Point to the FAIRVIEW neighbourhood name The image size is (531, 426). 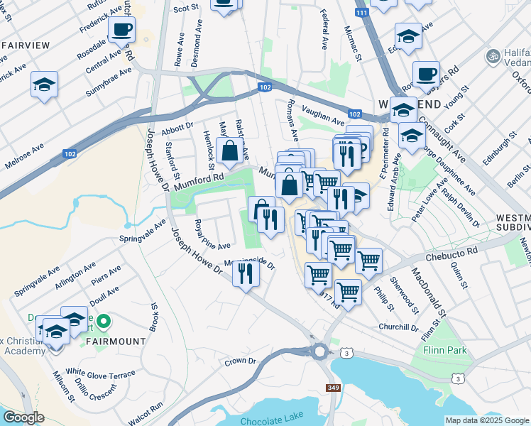pos(26,45)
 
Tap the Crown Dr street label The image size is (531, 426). pos(240,361)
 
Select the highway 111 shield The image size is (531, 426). pos(363,13)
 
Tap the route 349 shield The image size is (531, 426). pos(333,388)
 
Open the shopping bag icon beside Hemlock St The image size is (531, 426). pos(230,151)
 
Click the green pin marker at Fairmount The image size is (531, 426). pos(104,322)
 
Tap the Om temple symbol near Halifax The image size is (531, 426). pos(490,55)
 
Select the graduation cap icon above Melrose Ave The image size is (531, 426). pos(45,85)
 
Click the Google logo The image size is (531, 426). pos(23,417)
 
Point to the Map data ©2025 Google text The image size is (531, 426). pos(486,420)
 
